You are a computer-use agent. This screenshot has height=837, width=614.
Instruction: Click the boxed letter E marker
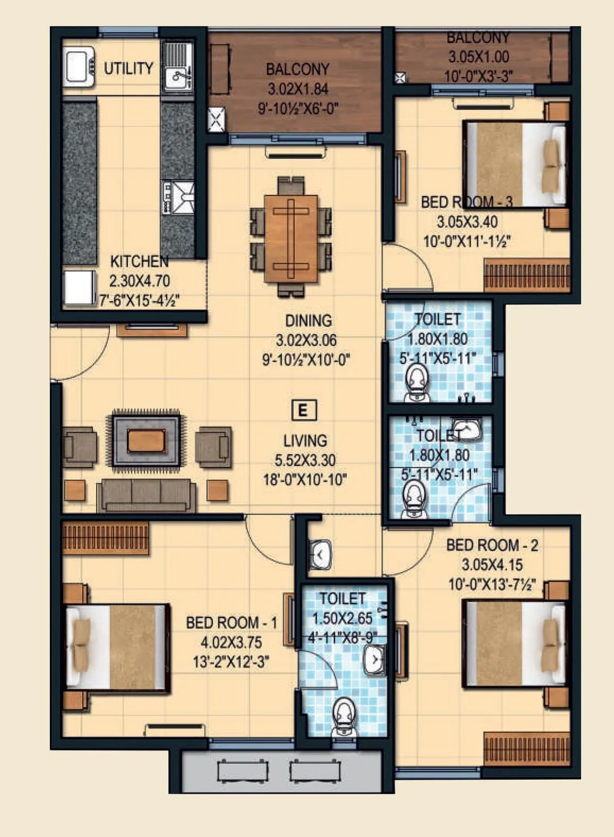304,410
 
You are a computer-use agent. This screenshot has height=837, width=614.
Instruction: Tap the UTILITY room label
128,68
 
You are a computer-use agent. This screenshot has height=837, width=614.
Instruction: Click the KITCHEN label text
139,261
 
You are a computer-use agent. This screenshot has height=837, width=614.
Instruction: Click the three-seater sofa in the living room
146,494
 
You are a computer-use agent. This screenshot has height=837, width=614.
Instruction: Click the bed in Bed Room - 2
514,644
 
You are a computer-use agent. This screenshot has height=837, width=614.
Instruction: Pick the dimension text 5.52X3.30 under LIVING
305,460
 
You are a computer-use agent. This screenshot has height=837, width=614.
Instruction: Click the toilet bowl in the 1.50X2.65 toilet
344,715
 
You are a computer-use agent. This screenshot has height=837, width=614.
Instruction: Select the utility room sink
177,77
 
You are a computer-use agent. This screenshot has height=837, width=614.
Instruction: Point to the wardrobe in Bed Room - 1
105,538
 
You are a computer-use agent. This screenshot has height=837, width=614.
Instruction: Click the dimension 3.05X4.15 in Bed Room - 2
492,564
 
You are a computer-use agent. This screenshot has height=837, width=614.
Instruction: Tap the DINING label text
308,320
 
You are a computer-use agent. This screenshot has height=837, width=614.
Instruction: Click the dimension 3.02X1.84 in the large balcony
297,89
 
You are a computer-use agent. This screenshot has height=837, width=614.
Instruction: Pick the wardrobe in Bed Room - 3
526,275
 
